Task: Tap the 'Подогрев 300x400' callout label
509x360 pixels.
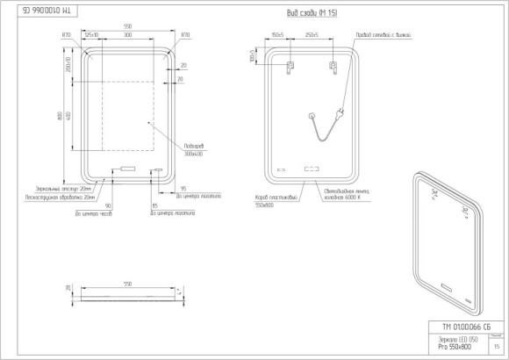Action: pos(195,149)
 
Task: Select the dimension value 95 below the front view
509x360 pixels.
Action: pos(183,188)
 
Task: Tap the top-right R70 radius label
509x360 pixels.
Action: pos(184,35)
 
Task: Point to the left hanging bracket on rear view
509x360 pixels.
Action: pos(291,66)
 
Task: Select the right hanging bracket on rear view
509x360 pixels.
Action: pos(333,66)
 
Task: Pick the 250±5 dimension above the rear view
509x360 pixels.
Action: pos(312,35)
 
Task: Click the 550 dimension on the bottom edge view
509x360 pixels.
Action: pos(126,284)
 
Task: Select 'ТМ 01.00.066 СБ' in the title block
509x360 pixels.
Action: pos(456,326)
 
